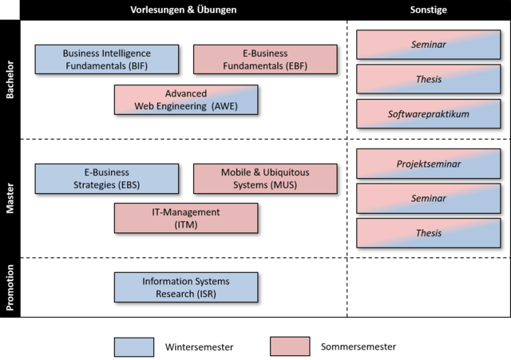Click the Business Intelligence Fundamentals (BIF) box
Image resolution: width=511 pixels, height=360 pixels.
pos(106,59)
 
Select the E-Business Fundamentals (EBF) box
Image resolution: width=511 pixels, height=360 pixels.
pos(265,59)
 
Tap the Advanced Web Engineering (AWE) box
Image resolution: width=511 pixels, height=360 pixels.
pos(186,100)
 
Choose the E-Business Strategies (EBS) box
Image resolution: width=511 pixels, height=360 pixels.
pos(106,179)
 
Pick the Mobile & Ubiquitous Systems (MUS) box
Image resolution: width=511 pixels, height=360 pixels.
pos(265,179)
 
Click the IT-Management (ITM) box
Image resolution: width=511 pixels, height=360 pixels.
pos(186,218)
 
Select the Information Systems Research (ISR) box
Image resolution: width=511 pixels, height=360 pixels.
pos(186,287)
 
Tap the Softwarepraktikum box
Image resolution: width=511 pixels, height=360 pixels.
pos(428,114)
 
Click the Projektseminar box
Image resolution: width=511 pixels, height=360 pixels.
pos(428,164)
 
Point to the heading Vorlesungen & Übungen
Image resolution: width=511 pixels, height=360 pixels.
pos(184,10)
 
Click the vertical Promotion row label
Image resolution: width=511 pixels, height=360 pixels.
pos(10,287)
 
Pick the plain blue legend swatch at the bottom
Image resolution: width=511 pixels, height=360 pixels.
pos(134,346)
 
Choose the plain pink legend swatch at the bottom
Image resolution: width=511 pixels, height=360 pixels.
pos(290,346)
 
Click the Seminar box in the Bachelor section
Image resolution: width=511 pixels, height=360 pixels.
pos(428,45)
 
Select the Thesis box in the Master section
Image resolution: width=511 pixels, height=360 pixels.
pos(428,233)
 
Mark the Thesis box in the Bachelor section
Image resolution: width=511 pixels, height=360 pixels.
pos(428,80)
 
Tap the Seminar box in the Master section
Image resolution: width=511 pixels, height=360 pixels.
pos(428,198)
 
